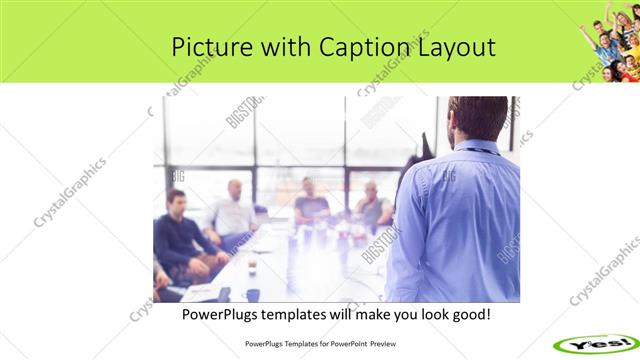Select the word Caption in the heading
pos(361,47)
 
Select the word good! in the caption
pos(468,315)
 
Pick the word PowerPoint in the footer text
pos(346,343)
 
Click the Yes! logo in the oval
pos(597,342)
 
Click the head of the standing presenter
pos(469,119)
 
